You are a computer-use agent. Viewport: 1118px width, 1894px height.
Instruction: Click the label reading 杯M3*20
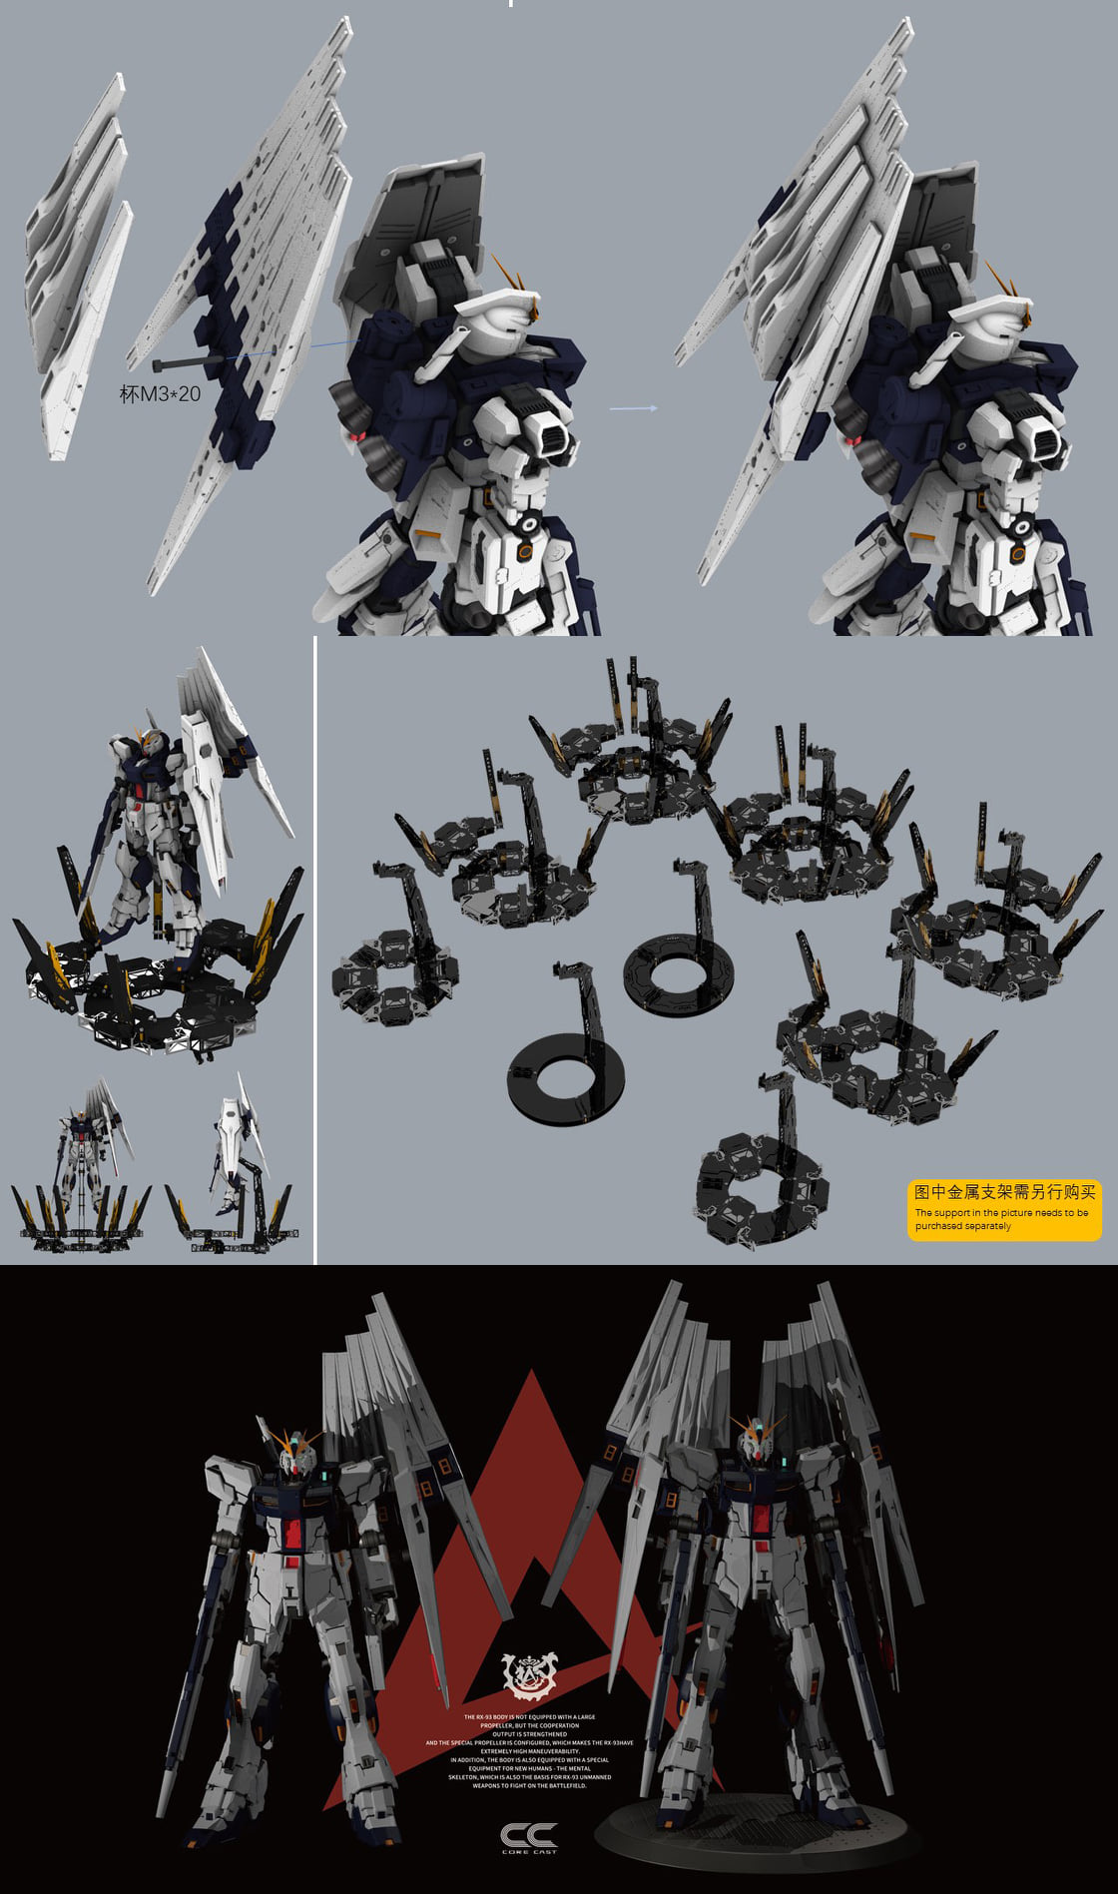pos(160,394)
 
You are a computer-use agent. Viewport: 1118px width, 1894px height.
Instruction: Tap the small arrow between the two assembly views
pos(634,408)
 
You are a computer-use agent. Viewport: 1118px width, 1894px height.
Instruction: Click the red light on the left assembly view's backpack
pos(353,438)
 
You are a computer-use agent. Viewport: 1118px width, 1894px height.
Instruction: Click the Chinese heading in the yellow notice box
pos(1004,1192)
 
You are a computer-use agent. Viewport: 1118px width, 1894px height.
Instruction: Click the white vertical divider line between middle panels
pos(315,948)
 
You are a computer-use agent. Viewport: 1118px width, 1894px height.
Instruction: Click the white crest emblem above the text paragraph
pos(529,1674)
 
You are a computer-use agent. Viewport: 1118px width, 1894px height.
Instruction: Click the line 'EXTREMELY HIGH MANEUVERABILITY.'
pos(529,1750)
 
